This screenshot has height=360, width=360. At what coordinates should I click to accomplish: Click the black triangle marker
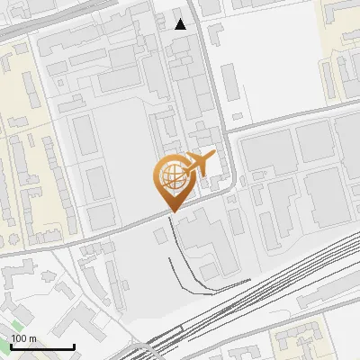(x=181, y=23)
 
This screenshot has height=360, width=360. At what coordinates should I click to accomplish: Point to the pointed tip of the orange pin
(x=171, y=211)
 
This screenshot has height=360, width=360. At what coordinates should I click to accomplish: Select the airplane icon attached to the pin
(x=200, y=163)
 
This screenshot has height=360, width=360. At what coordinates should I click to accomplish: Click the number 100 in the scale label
(x=19, y=338)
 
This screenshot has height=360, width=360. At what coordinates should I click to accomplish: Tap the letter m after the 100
(x=33, y=338)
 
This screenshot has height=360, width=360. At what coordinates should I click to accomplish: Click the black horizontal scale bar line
(x=40, y=346)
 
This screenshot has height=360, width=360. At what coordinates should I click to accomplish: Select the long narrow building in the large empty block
(x=229, y=81)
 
